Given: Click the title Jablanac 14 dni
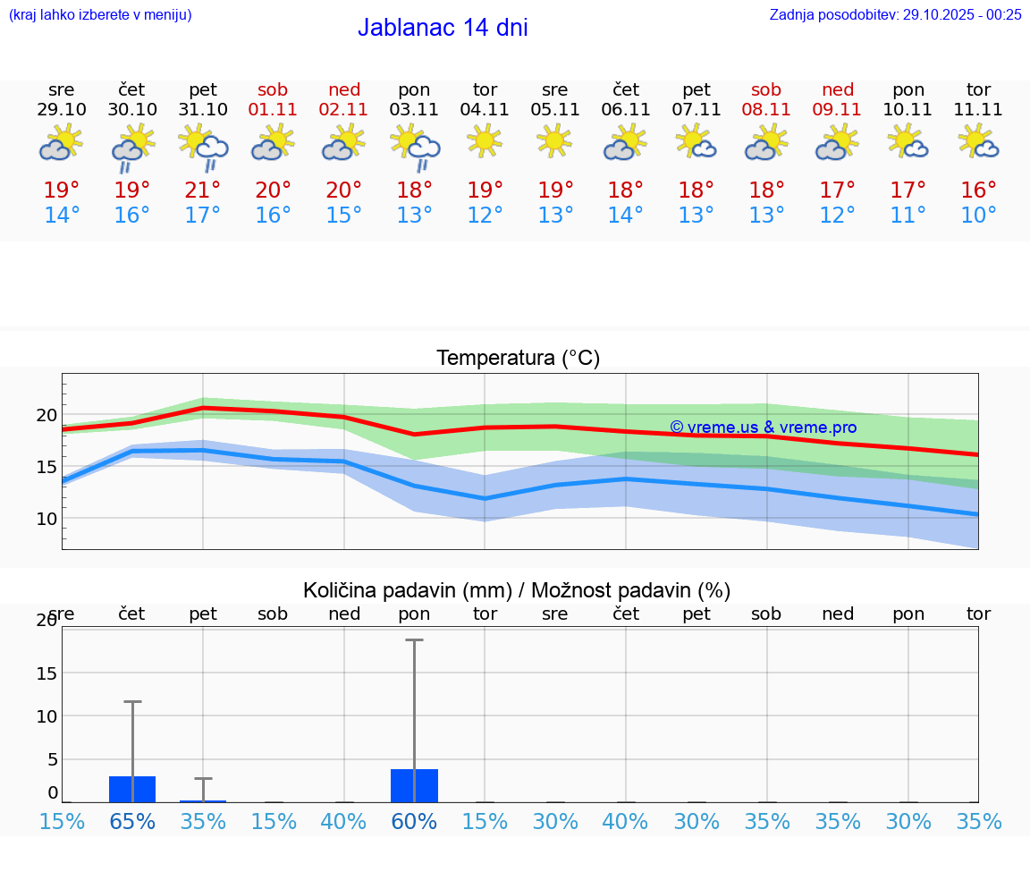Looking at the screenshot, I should (x=443, y=28).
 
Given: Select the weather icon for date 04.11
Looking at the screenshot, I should (x=485, y=141).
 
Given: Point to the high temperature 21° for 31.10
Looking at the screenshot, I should (x=203, y=190).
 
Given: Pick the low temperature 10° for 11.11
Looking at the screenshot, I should (x=978, y=216).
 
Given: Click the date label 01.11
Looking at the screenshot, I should (x=274, y=109).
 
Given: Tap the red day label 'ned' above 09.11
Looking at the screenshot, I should (x=838, y=89).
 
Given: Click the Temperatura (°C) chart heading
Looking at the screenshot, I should (x=518, y=358).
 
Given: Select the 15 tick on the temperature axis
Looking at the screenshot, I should (x=46, y=467).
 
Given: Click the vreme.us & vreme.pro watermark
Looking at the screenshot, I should (x=763, y=428).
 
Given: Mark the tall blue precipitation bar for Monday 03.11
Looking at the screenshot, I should (x=414, y=785).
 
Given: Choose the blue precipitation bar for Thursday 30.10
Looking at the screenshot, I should (x=132, y=789).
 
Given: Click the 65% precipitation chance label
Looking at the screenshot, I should (x=132, y=821).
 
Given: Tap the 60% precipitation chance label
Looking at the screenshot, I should (x=414, y=821).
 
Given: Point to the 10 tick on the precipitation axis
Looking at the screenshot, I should (x=46, y=716).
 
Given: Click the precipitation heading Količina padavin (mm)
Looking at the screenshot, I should (x=407, y=590).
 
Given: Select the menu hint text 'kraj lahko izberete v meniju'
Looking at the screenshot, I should (x=100, y=14).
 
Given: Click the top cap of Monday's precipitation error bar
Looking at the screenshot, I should (x=414, y=640).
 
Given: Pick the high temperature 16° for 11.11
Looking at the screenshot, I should (x=978, y=190).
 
